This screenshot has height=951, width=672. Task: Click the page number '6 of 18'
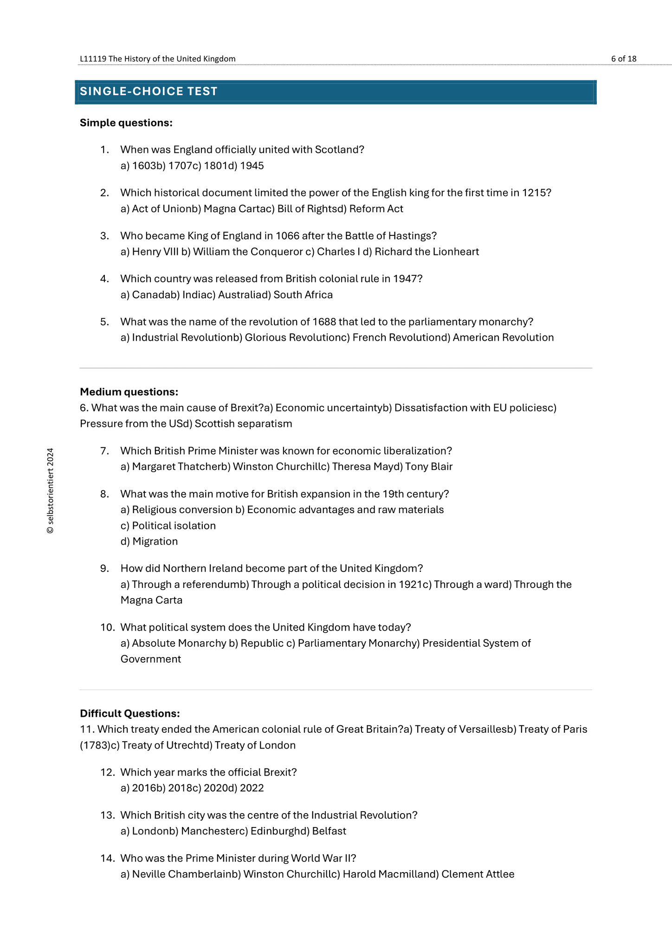click(x=623, y=59)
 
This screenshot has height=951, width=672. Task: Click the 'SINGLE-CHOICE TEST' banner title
click(x=149, y=91)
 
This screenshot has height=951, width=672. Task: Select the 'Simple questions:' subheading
click(x=126, y=123)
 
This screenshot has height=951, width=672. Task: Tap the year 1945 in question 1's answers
click(x=252, y=166)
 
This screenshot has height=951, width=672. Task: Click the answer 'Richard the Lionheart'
click(x=426, y=252)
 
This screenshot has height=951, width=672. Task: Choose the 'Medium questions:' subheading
click(x=129, y=392)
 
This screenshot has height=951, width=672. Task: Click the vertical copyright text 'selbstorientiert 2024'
click(x=50, y=490)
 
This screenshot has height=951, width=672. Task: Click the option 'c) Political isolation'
click(x=168, y=526)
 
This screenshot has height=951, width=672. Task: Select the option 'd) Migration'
click(x=149, y=541)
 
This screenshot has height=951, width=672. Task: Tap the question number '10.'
click(x=107, y=627)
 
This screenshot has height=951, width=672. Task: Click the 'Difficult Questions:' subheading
click(x=129, y=713)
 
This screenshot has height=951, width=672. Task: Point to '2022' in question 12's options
click(x=252, y=788)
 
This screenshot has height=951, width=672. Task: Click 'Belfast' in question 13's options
click(x=329, y=831)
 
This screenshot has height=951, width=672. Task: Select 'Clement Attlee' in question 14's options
click(x=478, y=874)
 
